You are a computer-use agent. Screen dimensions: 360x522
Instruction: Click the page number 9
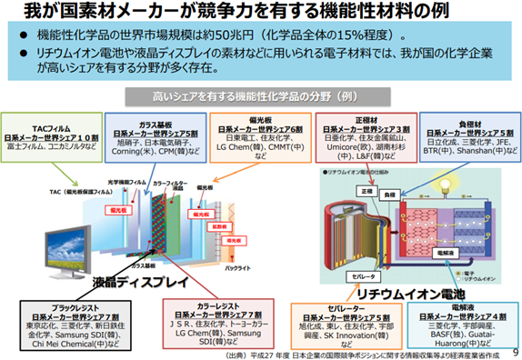[x=514, y=352]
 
